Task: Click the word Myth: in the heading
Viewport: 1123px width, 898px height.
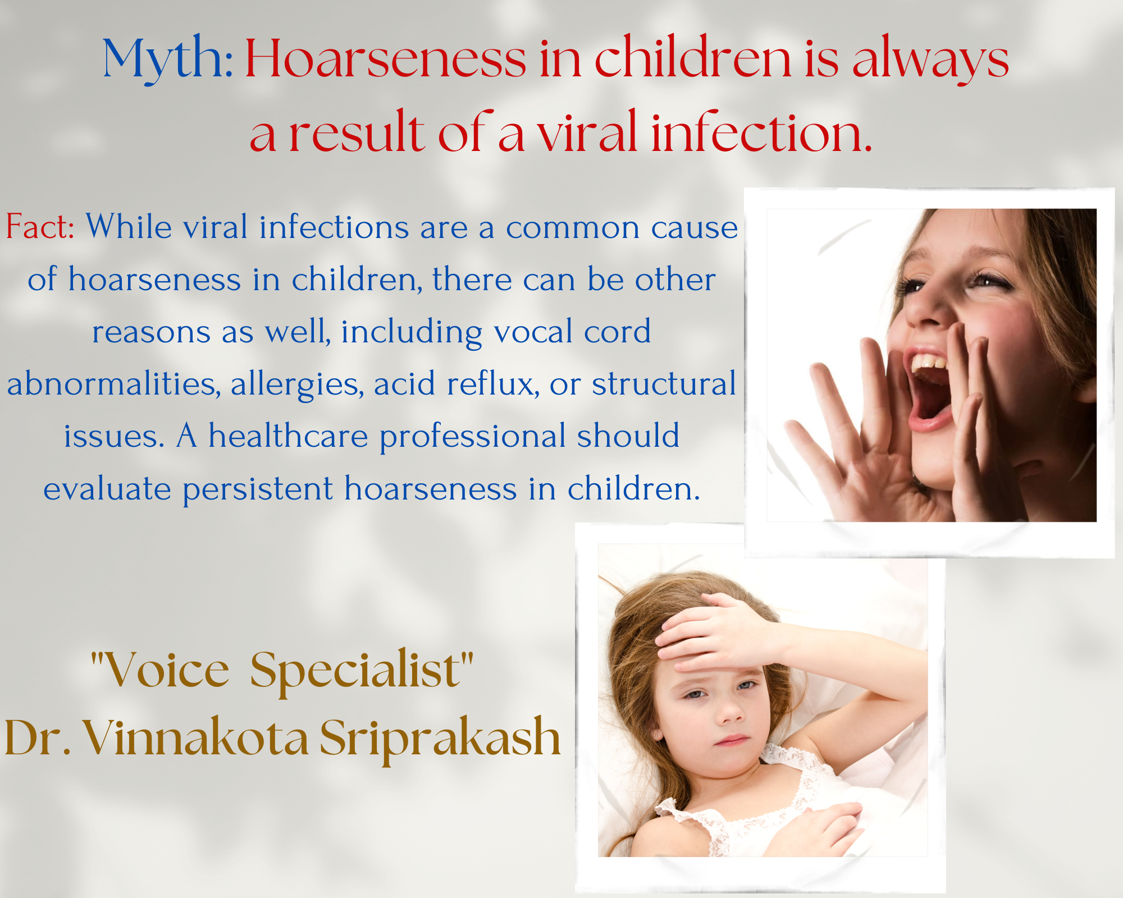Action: tap(168, 59)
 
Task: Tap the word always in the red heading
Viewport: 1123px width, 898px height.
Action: tap(930, 59)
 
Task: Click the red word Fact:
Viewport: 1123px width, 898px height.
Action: tap(40, 227)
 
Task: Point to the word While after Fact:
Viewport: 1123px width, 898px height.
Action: tap(129, 227)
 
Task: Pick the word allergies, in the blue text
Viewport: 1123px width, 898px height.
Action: tap(297, 385)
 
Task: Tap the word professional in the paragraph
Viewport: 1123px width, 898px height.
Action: tap(472, 437)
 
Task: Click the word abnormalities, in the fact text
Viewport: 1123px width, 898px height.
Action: tap(113, 384)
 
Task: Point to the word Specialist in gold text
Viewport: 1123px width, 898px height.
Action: tap(355, 671)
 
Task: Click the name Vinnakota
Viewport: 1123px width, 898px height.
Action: tap(196, 737)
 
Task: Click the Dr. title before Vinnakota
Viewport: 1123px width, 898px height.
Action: tap(38, 737)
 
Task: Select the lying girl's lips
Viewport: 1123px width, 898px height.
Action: tap(732, 740)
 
